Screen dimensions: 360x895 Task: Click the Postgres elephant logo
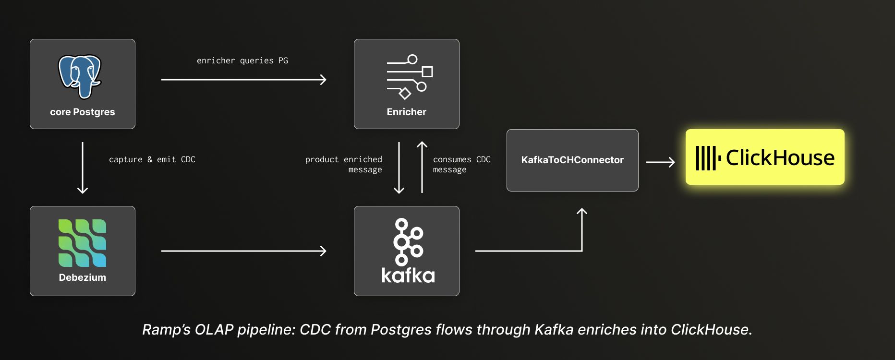(x=80, y=76)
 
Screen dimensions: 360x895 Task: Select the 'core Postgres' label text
(x=83, y=112)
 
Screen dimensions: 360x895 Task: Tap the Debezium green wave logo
(x=82, y=243)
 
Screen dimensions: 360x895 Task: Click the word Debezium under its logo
(x=83, y=277)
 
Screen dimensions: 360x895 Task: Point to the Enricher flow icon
(x=410, y=76)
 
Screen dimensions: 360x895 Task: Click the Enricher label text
(x=406, y=112)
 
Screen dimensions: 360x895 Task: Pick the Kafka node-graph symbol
(x=408, y=241)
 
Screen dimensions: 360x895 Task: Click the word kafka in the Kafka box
(x=408, y=276)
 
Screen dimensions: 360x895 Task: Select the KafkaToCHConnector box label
(x=572, y=160)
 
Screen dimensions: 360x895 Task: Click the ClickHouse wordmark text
(x=780, y=157)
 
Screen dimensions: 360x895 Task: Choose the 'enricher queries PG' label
(x=242, y=60)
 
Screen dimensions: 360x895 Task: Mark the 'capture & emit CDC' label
(x=152, y=159)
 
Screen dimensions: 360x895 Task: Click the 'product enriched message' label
(x=344, y=164)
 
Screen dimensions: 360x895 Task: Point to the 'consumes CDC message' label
(x=461, y=164)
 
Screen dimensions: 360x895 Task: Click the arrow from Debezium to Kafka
(x=243, y=251)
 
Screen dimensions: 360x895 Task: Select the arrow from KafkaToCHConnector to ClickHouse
(x=660, y=162)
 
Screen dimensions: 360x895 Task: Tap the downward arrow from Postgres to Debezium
(x=83, y=168)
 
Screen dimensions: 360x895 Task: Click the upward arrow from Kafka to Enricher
(x=422, y=168)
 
